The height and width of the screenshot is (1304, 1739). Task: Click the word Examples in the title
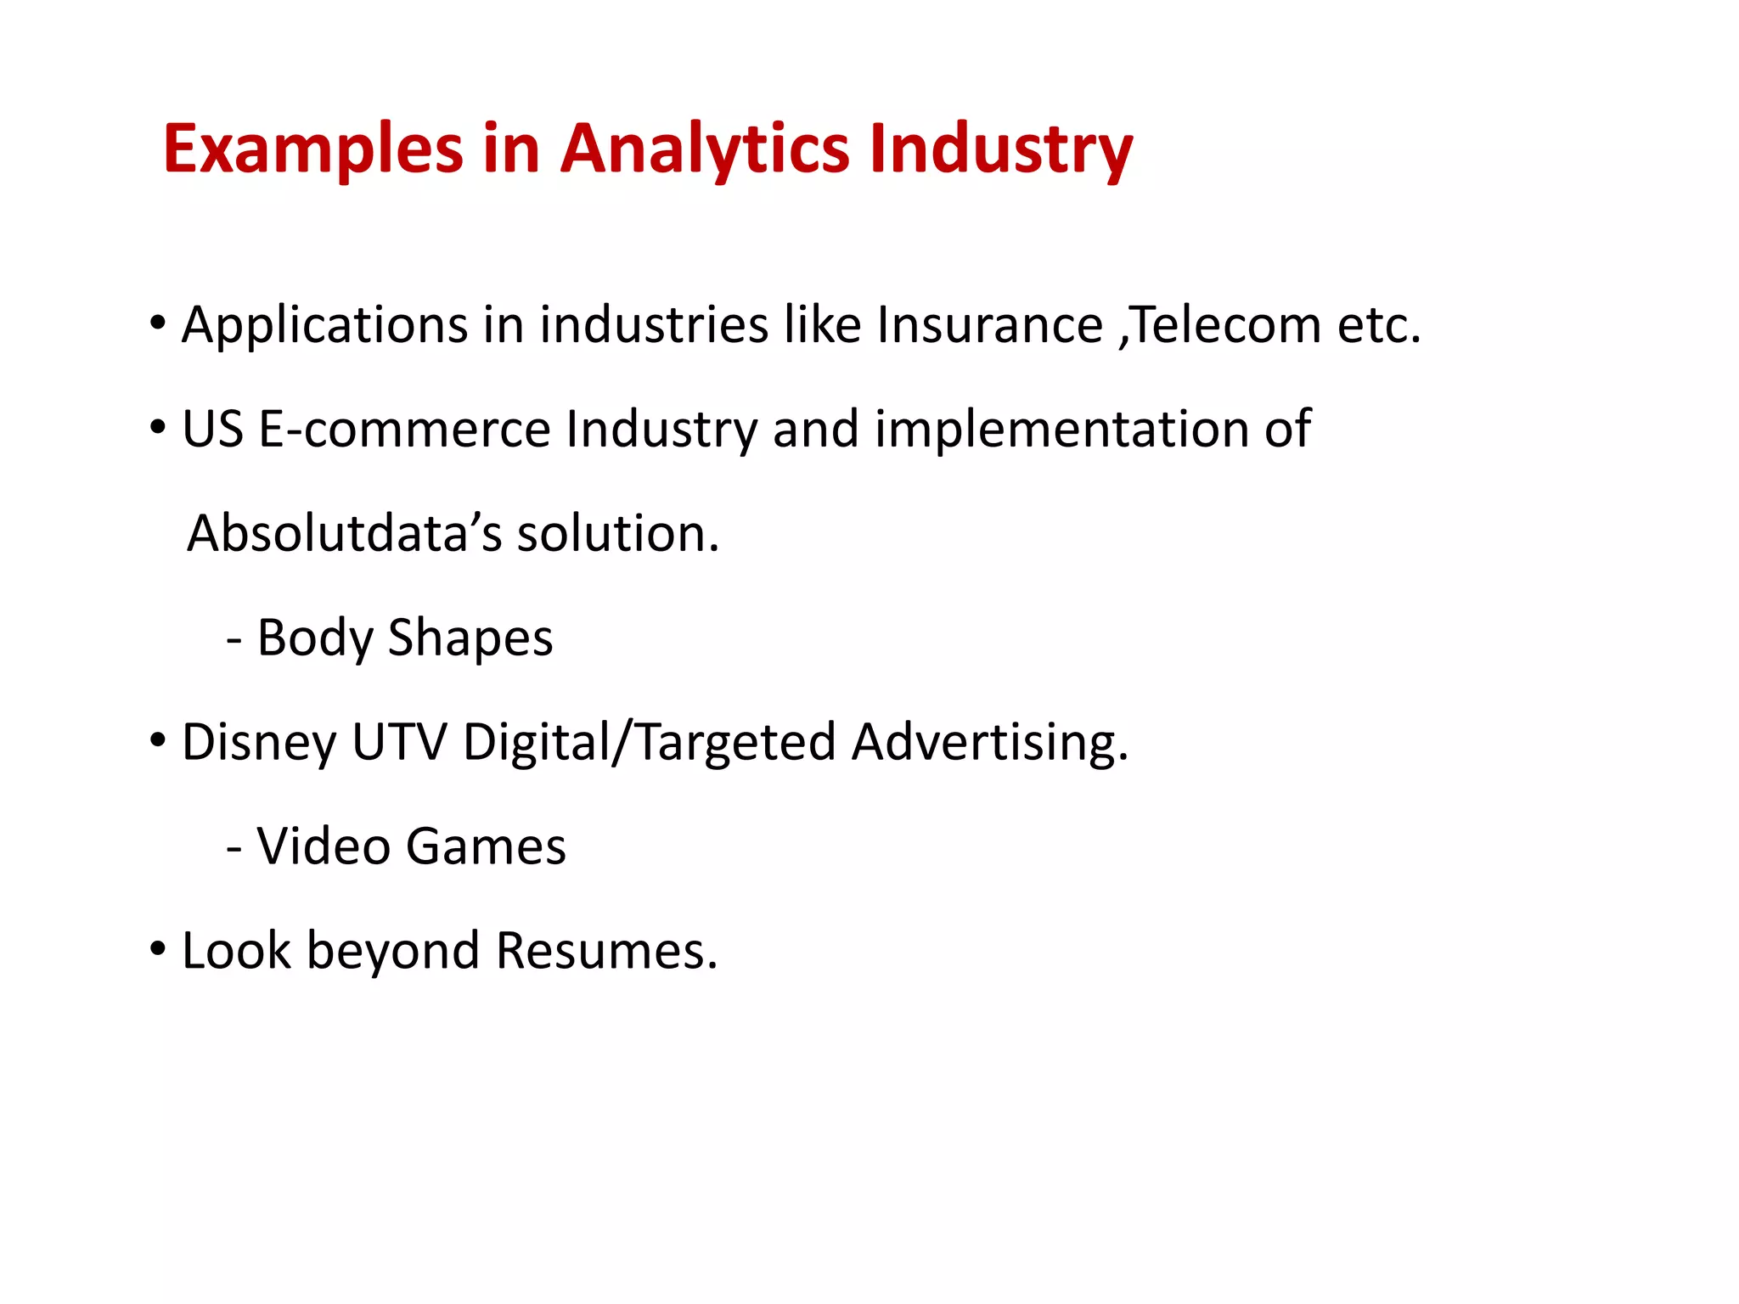312,149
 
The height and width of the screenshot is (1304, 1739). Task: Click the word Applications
324,325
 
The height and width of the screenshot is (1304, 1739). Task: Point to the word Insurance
989,325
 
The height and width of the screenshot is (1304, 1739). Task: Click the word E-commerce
404,429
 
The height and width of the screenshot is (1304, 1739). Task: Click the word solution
617,534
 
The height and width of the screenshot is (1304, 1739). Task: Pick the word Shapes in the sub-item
470,638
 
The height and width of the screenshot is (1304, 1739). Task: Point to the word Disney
259,743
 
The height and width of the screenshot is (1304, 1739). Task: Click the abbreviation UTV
399,742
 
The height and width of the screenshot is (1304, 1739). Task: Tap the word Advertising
989,742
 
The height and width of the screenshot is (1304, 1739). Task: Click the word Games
486,846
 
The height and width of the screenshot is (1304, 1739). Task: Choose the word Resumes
606,951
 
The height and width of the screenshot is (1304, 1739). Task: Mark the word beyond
392,951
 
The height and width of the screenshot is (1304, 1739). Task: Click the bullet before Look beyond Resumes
157,948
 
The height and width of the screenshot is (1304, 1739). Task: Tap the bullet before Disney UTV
157,740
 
